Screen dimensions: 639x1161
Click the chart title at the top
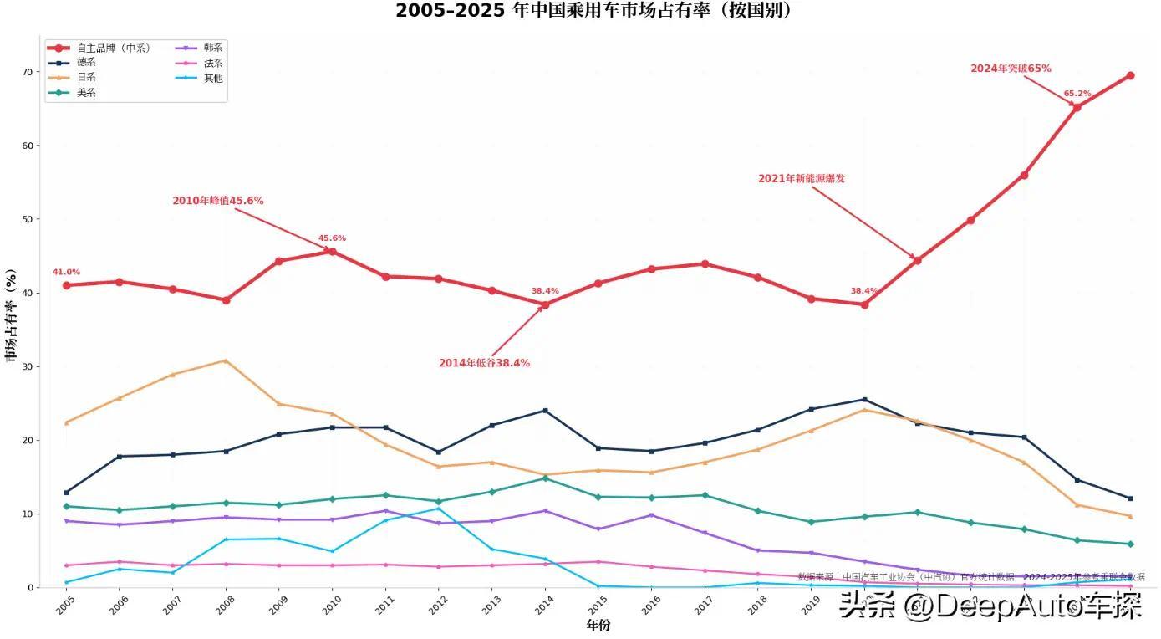pyautogui.click(x=593, y=11)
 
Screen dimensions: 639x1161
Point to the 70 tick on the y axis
pyautogui.click(x=27, y=72)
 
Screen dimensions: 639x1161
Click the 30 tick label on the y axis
pyautogui.click(x=27, y=366)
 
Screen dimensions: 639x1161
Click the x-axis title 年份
pyautogui.click(x=598, y=626)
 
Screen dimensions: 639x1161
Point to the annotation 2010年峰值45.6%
pyautogui.click(x=217, y=201)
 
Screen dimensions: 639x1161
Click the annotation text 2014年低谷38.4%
pyautogui.click(x=484, y=363)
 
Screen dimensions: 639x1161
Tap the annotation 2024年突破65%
pyautogui.click(x=1010, y=69)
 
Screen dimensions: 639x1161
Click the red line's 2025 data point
pyautogui.click(x=1130, y=75)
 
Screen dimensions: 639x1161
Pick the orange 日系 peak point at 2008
pyautogui.click(x=226, y=360)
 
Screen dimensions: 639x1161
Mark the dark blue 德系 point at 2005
pyautogui.click(x=66, y=493)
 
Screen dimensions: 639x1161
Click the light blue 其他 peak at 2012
pyautogui.click(x=438, y=509)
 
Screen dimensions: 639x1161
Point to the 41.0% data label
pyautogui.click(x=66, y=272)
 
